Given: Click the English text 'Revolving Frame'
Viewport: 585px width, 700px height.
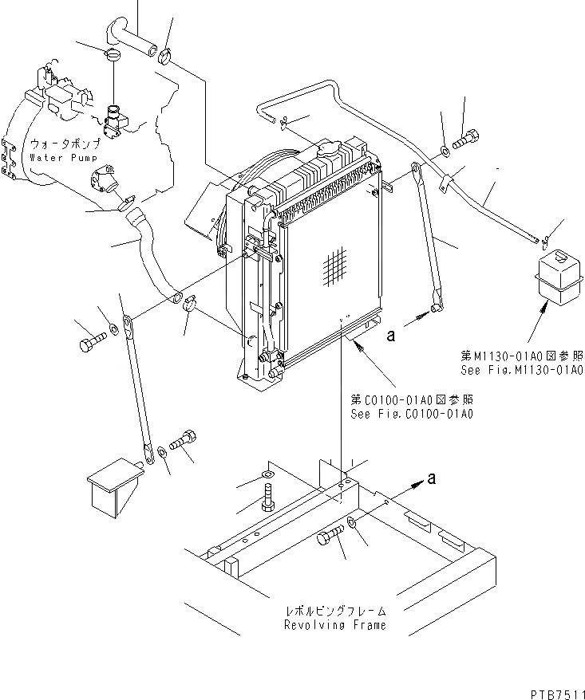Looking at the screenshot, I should coord(335,624).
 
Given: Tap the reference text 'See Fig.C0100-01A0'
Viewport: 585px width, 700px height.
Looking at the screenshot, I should coord(412,414).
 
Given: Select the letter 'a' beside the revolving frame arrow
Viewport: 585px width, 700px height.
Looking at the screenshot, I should coord(432,478).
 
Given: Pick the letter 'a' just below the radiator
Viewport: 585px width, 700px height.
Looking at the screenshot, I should coord(390,337).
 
